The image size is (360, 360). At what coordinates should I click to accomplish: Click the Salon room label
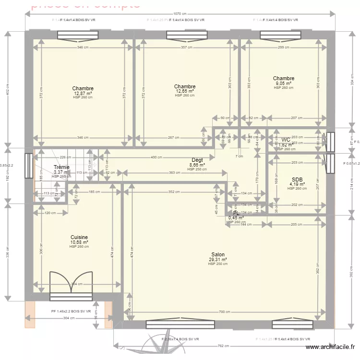pos(217,255)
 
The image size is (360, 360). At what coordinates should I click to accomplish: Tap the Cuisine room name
pos(79,237)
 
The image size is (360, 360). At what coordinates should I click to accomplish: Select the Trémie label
pos(61,167)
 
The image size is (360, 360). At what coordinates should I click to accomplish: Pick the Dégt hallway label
pos(197,160)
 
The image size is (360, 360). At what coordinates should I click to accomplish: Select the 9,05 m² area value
pos(284,83)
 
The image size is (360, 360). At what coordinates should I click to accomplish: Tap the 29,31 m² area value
pos(217,260)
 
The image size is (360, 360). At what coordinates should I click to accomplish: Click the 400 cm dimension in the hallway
pos(156,157)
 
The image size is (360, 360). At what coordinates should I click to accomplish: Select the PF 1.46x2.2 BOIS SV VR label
pos(71,312)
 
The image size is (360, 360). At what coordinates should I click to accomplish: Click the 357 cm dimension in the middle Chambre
pos(187,48)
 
